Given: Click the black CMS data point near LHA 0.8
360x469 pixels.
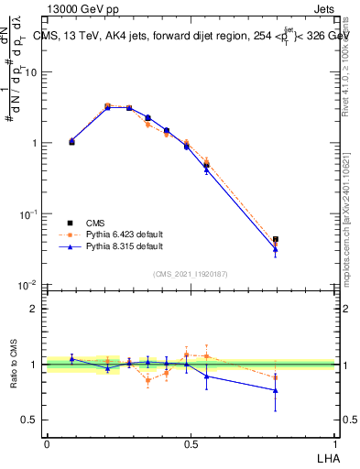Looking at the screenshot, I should click(x=276, y=239).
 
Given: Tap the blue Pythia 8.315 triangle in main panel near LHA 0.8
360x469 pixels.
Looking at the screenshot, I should click(x=276, y=249).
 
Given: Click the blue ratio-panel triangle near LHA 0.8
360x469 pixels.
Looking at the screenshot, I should click(x=276, y=390).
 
